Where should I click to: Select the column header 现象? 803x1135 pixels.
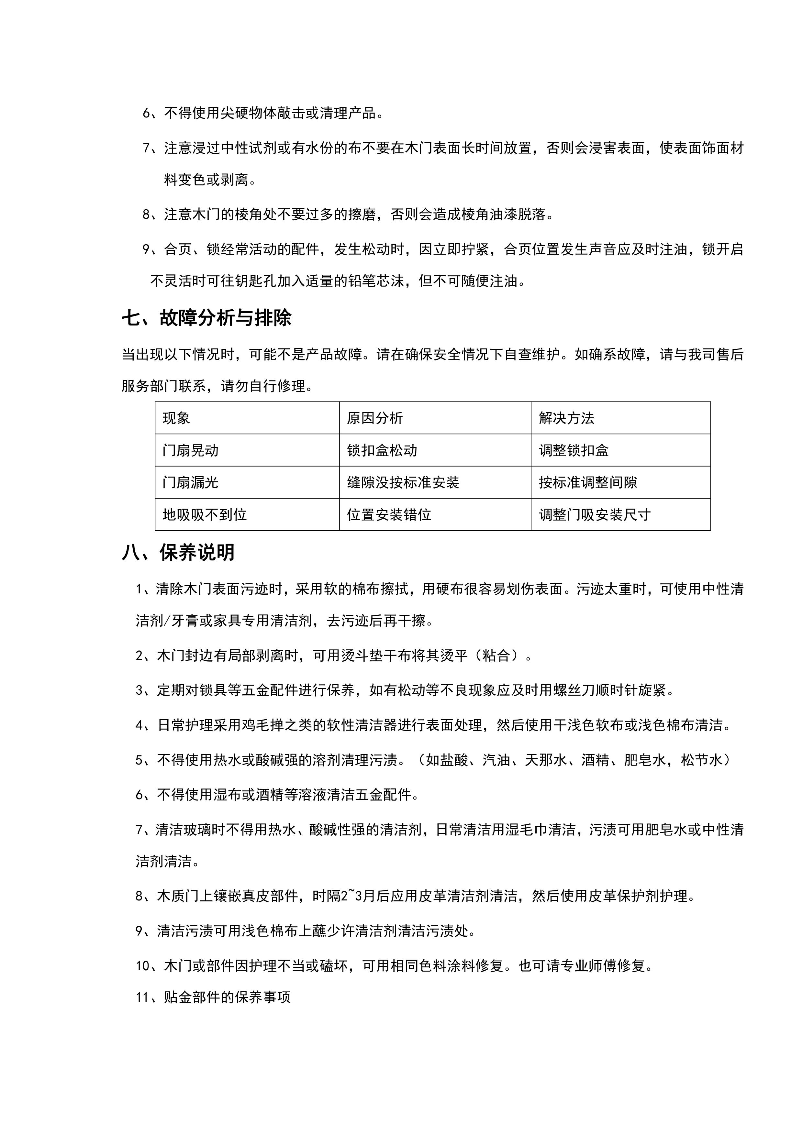[x=176, y=418]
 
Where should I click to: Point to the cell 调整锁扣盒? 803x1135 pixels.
[x=574, y=450]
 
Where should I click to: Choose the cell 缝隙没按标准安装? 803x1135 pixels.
[x=403, y=482]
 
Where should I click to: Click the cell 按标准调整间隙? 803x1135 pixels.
[x=588, y=482]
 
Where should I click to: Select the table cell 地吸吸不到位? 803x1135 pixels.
[x=205, y=515]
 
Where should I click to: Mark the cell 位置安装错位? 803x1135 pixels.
[x=389, y=515]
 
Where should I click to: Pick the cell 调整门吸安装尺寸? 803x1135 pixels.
[x=595, y=515]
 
